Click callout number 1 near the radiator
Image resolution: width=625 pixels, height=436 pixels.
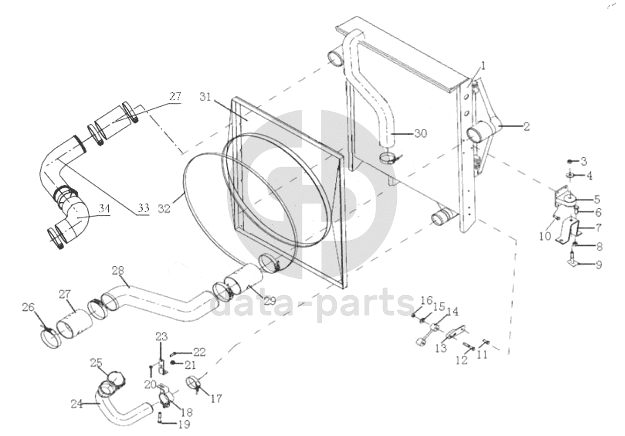point(483,66)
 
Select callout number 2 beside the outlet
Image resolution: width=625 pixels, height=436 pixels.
point(526,126)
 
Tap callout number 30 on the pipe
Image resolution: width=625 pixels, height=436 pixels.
point(584,162)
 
